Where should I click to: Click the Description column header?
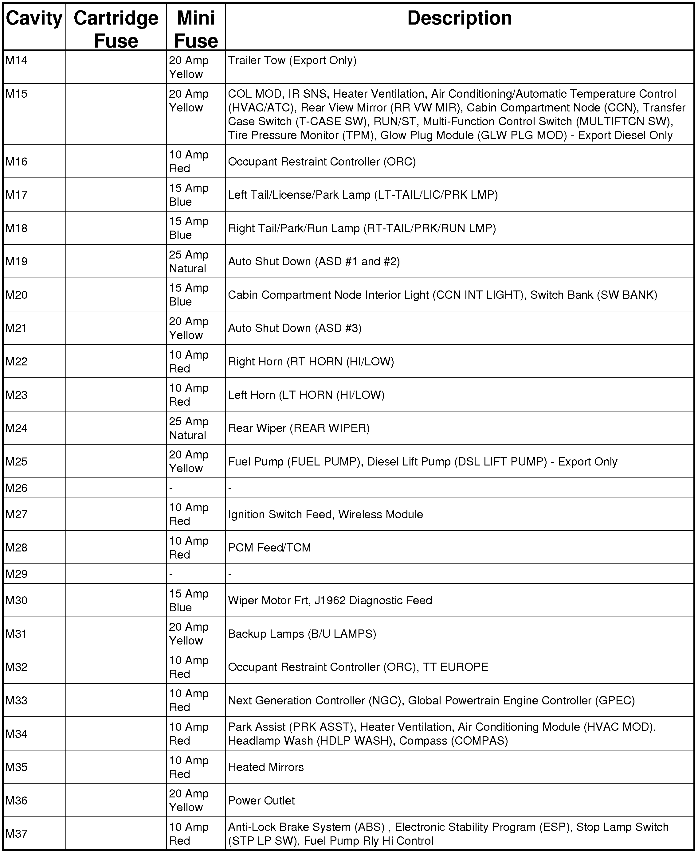point(459,18)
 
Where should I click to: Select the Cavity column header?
point(34,18)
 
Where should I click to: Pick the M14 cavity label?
point(17,60)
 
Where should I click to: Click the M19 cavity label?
point(17,262)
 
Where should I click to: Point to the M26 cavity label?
point(17,488)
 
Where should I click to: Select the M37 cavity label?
point(17,834)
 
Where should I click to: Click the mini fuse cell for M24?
point(188,428)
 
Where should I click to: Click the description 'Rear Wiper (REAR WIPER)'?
point(299,428)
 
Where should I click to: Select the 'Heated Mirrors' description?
point(266,767)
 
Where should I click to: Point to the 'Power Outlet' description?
point(261,800)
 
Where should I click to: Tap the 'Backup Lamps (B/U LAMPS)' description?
point(302,634)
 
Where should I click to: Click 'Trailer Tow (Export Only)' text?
point(292,60)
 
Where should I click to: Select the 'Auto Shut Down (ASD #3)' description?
point(295,328)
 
